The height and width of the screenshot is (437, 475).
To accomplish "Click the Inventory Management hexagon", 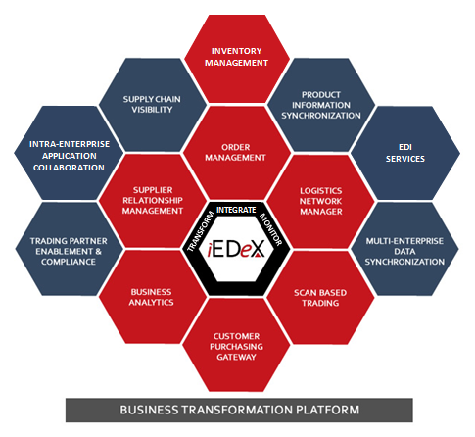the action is pyautogui.click(x=237, y=59).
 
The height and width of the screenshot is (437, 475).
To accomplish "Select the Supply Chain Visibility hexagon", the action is pyautogui.click(x=153, y=105).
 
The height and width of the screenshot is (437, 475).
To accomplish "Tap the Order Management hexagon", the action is pyautogui.click(x=237, y=153).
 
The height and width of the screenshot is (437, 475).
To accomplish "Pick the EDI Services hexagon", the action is pyautogui.click(x=405, y=153).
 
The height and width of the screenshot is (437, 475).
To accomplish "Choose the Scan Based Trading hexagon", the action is pyautogui.click(x=320, y=298).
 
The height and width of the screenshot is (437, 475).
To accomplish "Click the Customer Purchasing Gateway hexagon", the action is pyautogui.click(x=236, y=345).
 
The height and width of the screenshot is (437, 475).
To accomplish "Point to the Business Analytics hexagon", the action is pyautogui.click(x=153, y=297).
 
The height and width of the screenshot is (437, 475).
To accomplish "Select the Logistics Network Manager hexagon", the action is pyautogui.click(x=320, y=201).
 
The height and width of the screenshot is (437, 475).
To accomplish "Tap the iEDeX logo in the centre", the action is pyautogui.click(x=236, y=250).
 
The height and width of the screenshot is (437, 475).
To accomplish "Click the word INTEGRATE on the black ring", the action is pyautogui.click(x=236, y=210).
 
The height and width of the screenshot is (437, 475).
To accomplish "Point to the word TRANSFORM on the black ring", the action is pyautogui.click(x=200, y=232).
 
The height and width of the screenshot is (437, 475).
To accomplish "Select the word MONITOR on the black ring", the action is pyautogui.click(x=270, y=229).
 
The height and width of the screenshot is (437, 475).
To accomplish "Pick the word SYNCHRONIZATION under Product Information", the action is pyautogui.click(x=321, y=116).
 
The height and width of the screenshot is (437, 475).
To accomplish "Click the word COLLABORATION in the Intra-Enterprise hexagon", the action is pyautogui.click(x=69, y=168).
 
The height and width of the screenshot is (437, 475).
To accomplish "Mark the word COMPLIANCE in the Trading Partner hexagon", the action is pyautogui.click(x=69, y=262).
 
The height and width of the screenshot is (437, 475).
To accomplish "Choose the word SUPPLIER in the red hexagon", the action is pyautogui.click(x=153, y=190).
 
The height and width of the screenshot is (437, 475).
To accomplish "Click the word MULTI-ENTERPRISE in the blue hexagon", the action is pyautogui.click(x=404, y=241).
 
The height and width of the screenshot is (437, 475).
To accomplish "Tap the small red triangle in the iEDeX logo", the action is pyautogui.click(x=259, y=255).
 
